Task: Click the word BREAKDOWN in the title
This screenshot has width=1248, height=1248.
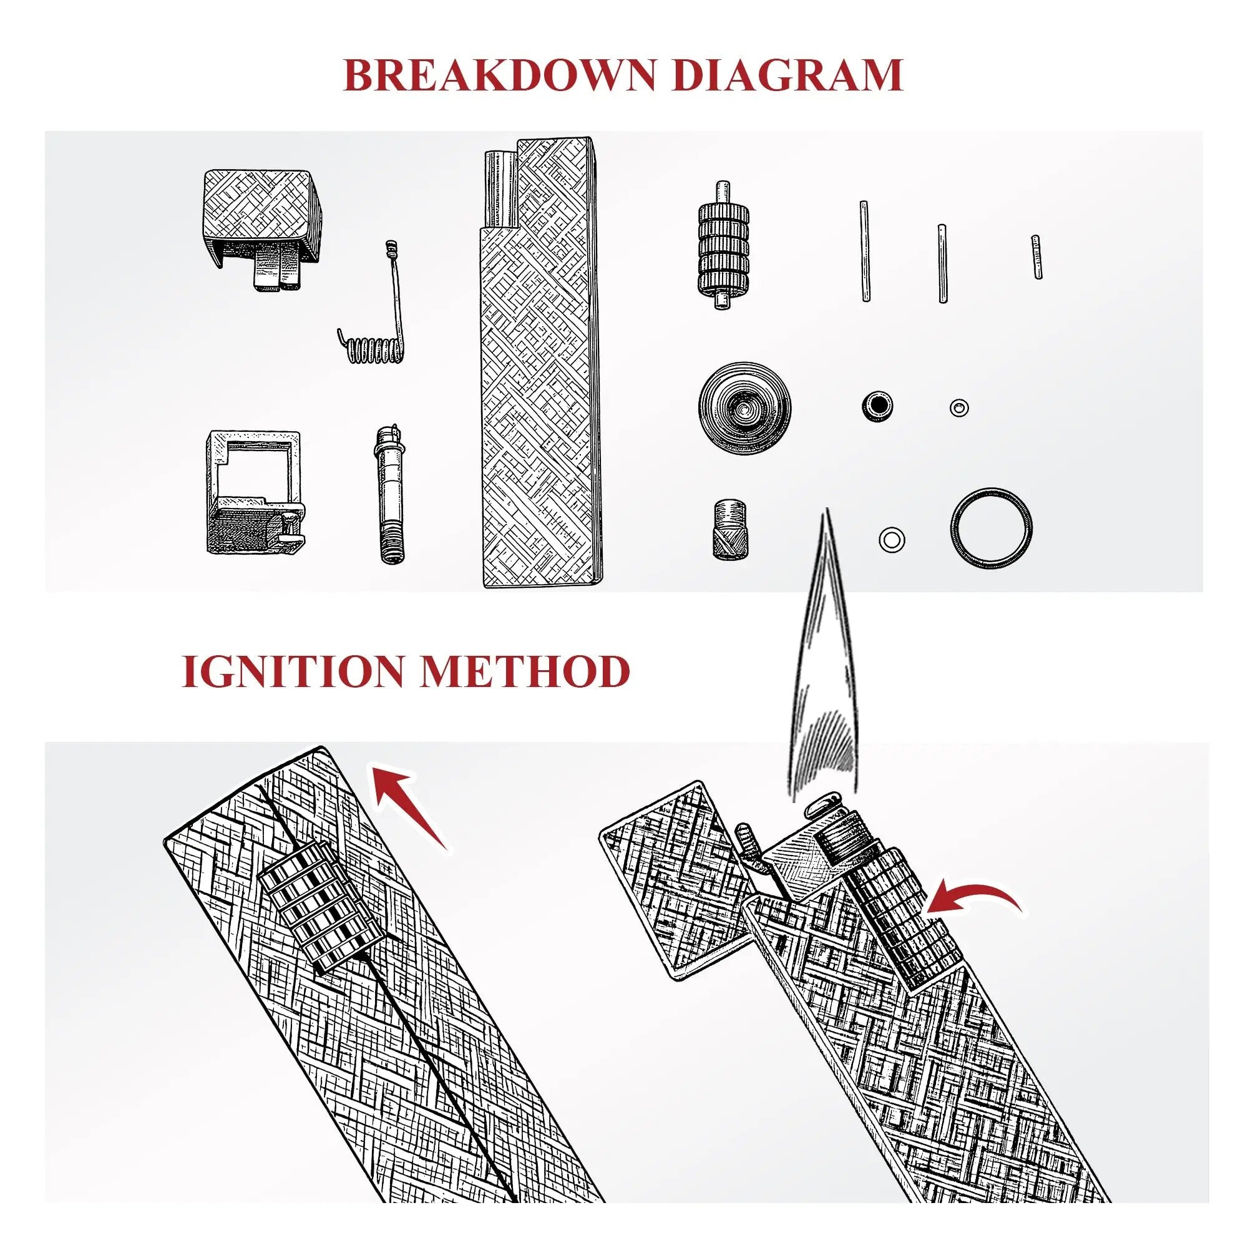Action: [x=500, y=75]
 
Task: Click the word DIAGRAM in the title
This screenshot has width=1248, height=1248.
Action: [x=786, y=75]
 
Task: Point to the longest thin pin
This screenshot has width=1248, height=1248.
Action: [x=865, y=251]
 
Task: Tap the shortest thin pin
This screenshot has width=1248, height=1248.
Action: [x=1036, y=256]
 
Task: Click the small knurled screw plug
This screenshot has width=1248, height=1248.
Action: [x=730, y=529]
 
